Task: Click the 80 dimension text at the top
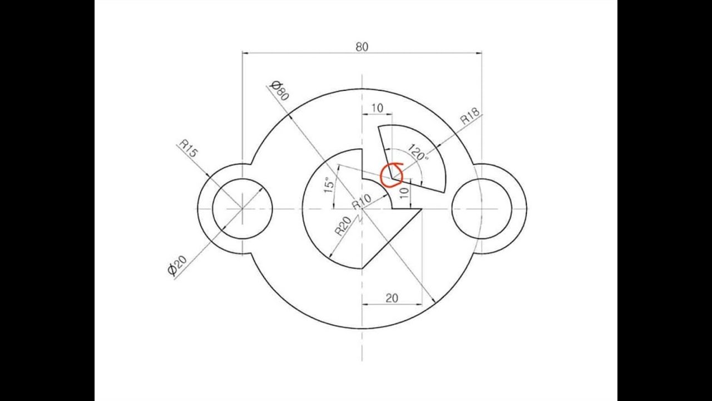362,47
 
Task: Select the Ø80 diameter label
279,90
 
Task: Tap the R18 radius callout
470,116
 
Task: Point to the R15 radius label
188,149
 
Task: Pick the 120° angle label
418,152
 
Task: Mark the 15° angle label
329,185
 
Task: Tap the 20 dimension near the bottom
392,298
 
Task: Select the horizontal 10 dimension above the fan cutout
377,108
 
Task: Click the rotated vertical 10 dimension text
404,193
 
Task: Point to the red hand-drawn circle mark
392,175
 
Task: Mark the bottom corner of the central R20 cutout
362,268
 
